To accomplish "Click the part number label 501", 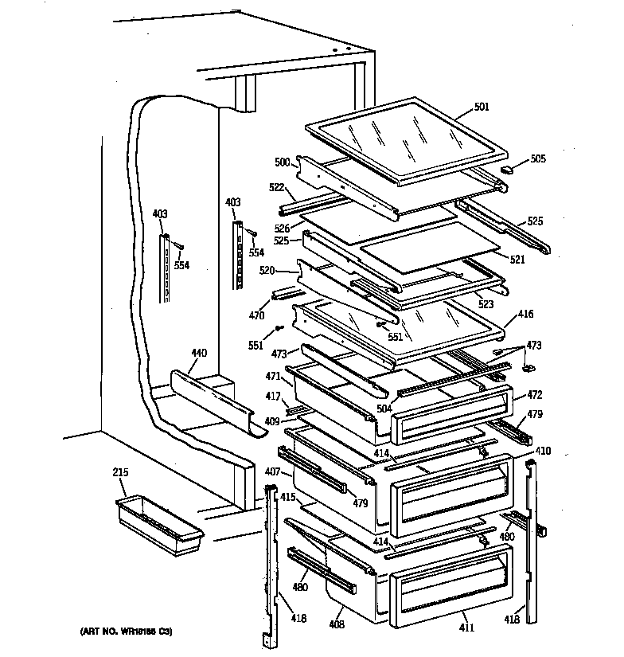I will coord(481,106).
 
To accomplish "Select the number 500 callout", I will coord(282,162).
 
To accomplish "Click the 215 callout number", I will coord(120,474).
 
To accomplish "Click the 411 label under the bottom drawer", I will coord(466,628).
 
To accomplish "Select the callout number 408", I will coord(337,625).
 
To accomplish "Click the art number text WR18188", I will coord(126,632).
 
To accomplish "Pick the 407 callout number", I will coord(272,473).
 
